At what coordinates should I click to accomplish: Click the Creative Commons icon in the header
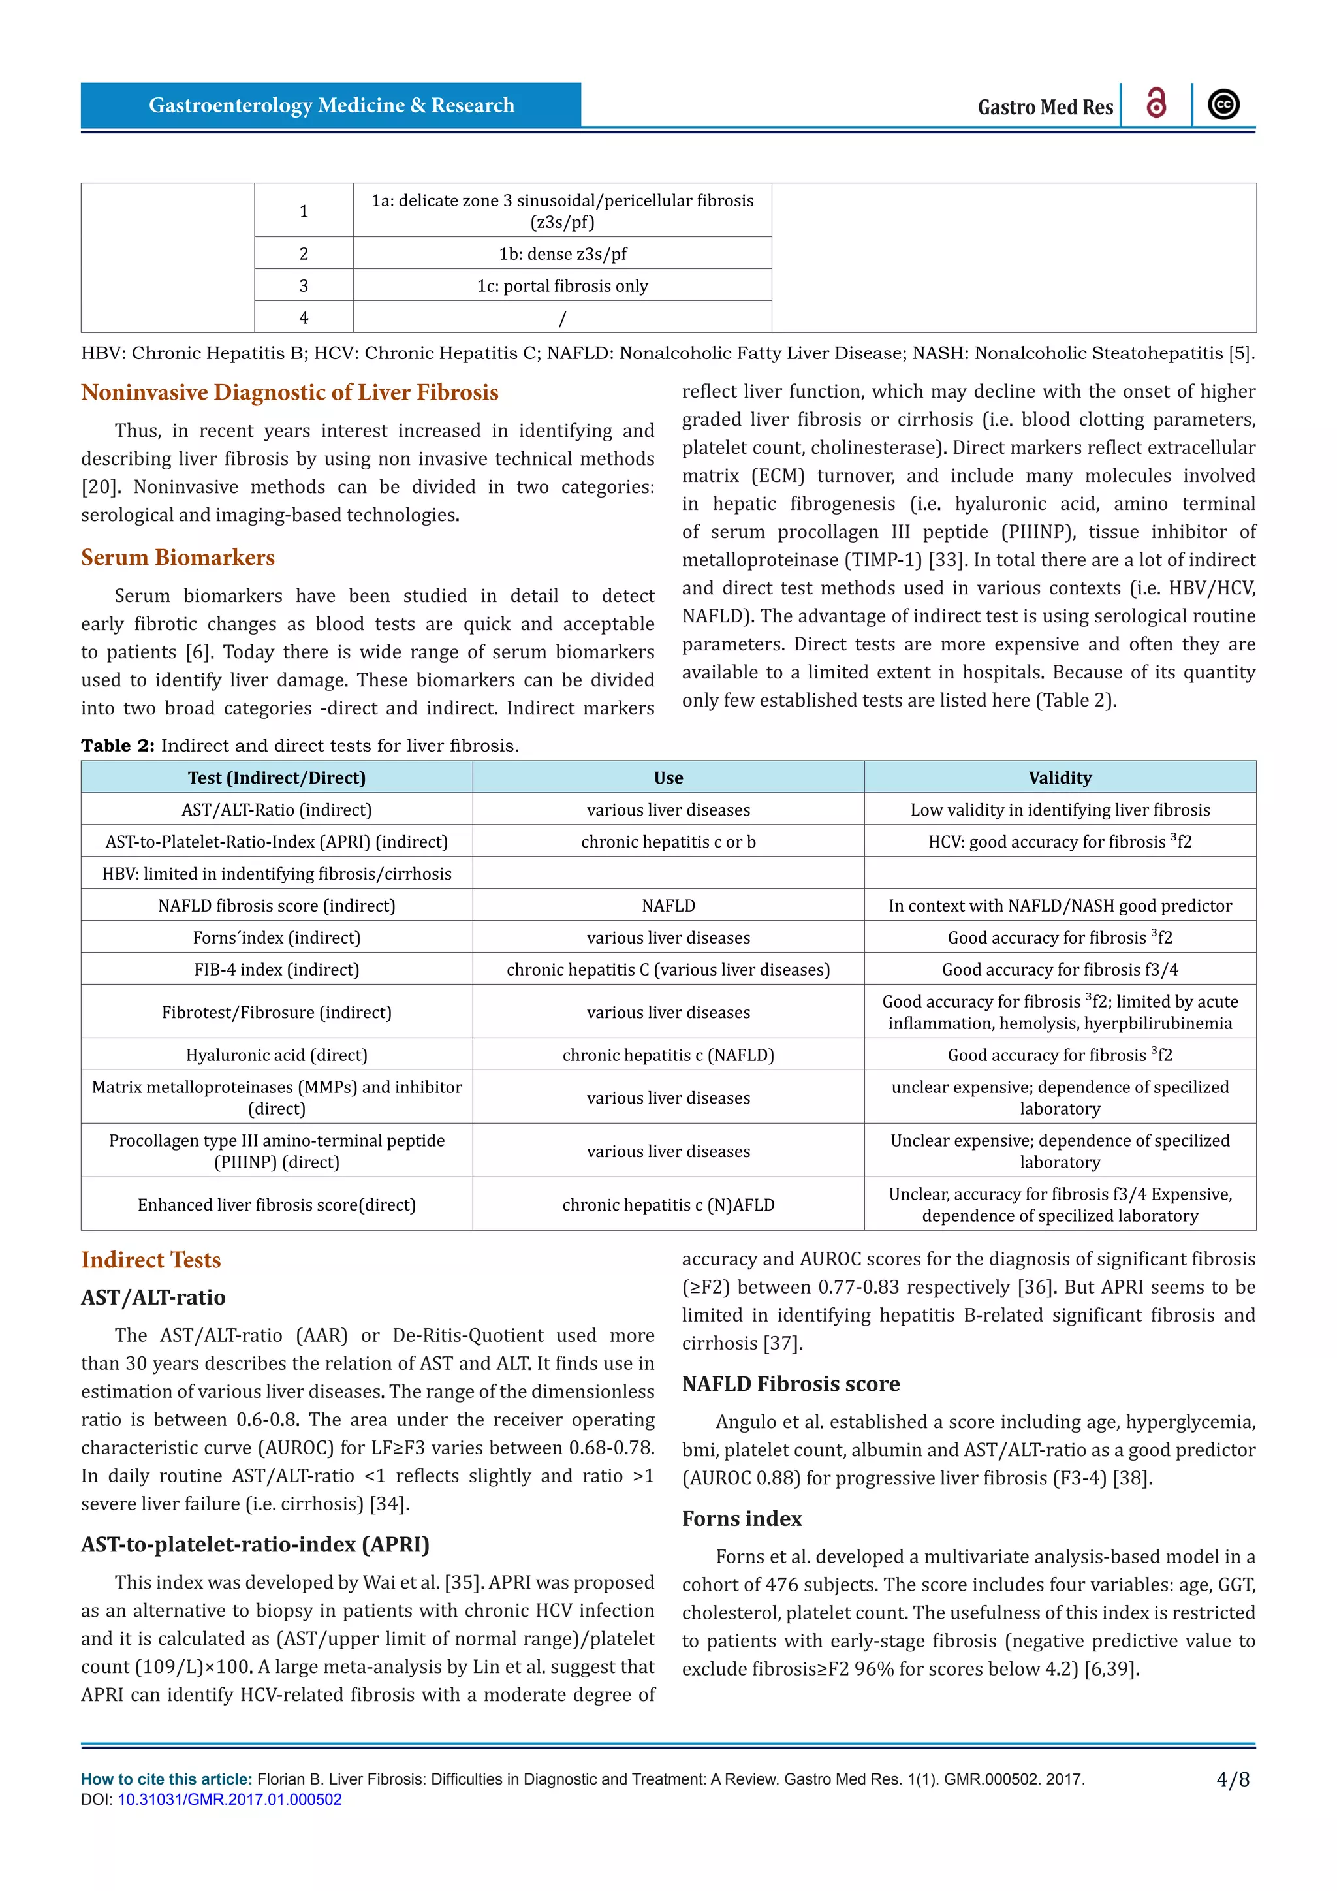[x=1223, y=104]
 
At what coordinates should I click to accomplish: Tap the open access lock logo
[x=1156, y=104]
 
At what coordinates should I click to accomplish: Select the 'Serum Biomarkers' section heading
[x=178, y=558]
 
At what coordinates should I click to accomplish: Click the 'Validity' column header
[x=1060, y=778]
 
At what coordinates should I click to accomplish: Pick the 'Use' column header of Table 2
[x=668, y=778]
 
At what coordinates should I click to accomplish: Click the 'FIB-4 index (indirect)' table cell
[x=277, y=970]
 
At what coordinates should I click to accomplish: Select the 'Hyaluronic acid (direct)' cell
[x=277, y=1055]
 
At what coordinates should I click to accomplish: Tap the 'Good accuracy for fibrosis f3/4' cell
[x=1060, y=970]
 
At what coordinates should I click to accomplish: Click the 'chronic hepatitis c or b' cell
[x=668, y=842]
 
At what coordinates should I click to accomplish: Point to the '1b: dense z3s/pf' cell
[x=562, y=253]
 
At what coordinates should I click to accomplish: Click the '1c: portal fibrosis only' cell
[x=562, y=286]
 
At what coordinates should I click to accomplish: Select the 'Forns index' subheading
[x=742, y=1518]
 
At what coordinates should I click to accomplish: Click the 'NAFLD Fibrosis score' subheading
[x=791, y=1384]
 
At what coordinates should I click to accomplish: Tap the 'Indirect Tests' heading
[x=151, y=1260]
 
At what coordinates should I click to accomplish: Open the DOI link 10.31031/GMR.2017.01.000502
[x=229, y=1800]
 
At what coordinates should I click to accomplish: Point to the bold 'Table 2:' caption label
[x=118, y=745]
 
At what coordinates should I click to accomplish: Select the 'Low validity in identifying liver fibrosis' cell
[x=1060, y=810]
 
